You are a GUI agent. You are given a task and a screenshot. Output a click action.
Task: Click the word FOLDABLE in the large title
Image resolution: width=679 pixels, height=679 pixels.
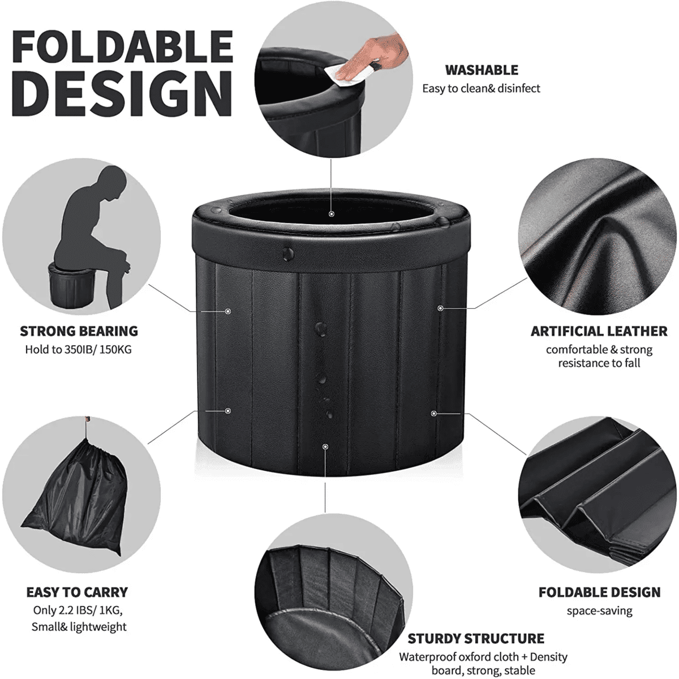[123, 46]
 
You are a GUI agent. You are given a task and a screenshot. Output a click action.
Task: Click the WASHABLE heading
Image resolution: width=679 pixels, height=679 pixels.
[482, 70]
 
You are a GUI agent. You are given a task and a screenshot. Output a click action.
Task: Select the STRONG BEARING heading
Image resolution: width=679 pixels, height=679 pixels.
[79, 331]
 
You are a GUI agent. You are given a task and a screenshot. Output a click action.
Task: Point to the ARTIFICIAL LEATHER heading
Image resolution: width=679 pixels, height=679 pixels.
[599, 331]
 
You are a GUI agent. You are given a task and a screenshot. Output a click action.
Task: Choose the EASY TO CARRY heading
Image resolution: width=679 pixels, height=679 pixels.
[77, 592]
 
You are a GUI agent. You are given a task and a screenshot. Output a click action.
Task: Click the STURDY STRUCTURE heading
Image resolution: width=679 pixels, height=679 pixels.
[476, 638]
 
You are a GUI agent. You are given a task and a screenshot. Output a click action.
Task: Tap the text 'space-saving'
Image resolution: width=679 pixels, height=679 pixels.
[599, 611]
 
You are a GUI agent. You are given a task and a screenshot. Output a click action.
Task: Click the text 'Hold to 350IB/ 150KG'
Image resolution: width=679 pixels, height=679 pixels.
[78, 350]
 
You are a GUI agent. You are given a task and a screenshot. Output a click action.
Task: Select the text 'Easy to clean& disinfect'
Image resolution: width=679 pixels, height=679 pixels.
[481, 88]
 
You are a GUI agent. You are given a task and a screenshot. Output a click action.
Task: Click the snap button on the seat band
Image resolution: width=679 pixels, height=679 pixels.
[287, 253]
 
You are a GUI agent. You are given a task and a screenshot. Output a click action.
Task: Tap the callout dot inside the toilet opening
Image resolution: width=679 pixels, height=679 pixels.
[331, 214]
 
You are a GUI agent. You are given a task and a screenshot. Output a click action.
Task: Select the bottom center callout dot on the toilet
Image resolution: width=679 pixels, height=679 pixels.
[325, 447]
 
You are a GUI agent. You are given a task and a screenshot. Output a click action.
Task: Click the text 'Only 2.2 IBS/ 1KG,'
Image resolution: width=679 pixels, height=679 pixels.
[78, 610]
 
